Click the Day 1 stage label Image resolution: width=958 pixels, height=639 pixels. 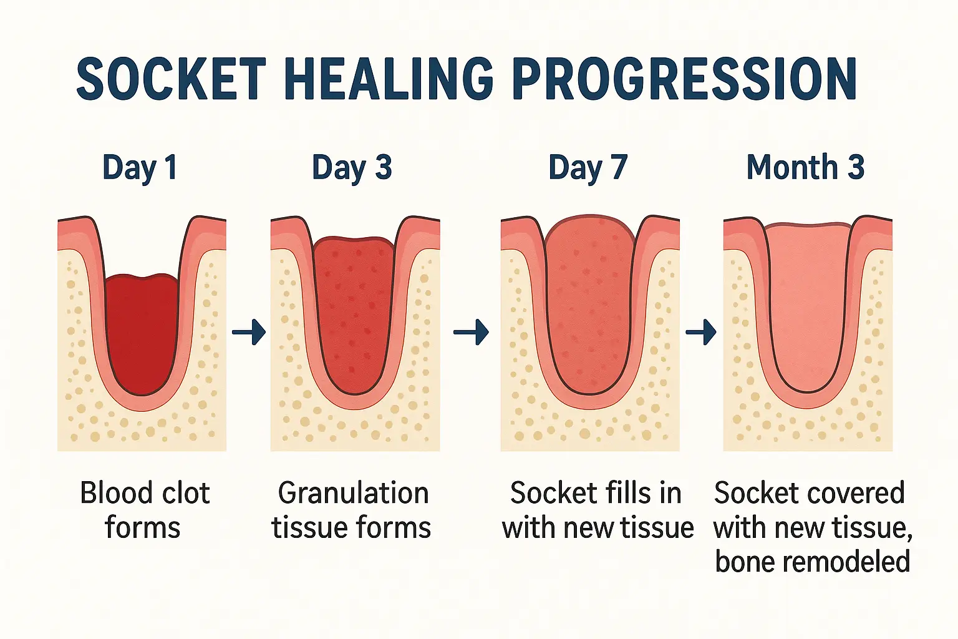tap(140, 167)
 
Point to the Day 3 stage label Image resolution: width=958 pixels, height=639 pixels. tap(352, 167)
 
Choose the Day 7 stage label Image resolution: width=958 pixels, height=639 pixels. tap(588, 167)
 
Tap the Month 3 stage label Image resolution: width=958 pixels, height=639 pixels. tap(805, 167)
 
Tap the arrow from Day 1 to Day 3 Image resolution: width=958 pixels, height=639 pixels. tap(249, 332)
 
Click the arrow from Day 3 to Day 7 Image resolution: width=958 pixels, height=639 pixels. tap(471, 332)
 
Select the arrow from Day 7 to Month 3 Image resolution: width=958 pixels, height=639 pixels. tap(701, 332)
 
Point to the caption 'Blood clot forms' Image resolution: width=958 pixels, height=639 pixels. tap(143, 510)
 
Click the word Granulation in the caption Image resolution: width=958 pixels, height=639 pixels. tap(353, 494)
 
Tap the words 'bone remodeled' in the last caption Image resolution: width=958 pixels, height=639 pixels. tap(812, 562)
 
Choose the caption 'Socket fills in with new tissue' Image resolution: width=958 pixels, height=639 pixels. tap(597, 510)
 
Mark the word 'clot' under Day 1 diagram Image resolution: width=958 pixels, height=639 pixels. tap(184, 494)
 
